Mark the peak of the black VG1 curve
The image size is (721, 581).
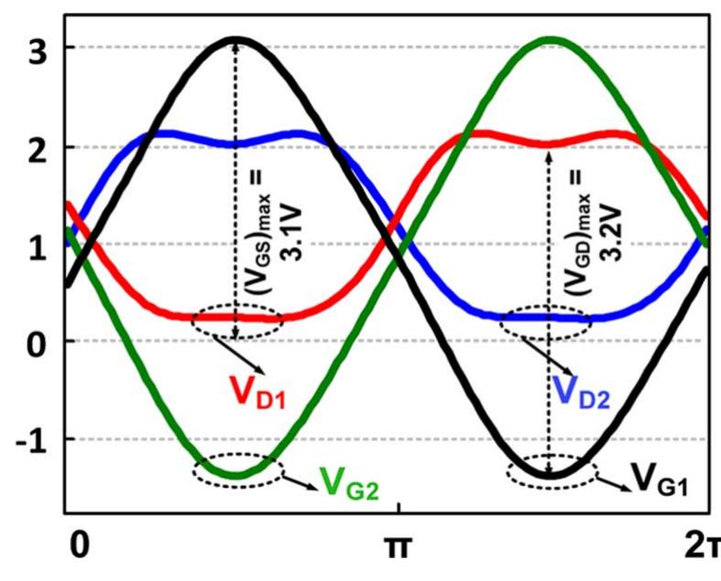point(236,39)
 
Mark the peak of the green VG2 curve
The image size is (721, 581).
point(549,39)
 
